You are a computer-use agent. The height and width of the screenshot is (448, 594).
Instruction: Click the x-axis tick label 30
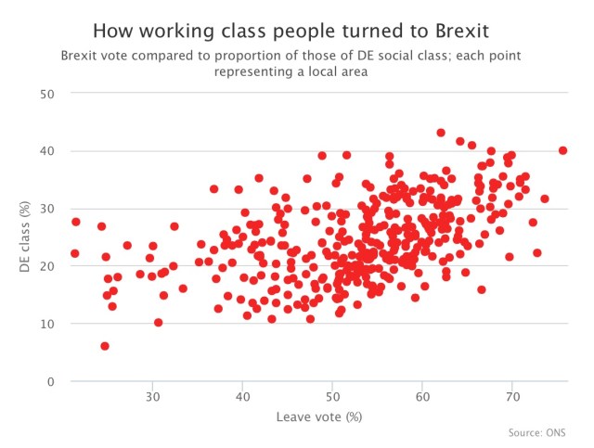pyautogui.click(x=152, y=397)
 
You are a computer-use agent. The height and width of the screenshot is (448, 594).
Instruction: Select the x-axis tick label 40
pyautogui.click(x=242, y=397)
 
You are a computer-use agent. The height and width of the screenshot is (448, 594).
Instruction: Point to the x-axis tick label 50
pyautogui.click(x=332, y=397)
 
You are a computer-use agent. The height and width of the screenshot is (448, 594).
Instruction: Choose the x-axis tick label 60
pyautogui.click(x=422, y=397)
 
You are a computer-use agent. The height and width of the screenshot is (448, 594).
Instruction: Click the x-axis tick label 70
pyautogui.click(x=512, y=397)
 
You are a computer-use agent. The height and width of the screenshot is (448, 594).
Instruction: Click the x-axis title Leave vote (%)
pyautogui.click(x=318, y=416)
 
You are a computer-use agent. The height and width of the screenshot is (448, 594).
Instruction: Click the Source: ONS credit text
pyautogui.click(x=536, y=432)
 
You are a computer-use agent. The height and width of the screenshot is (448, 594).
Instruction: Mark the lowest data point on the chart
pyautogui.click(x=105, y=346)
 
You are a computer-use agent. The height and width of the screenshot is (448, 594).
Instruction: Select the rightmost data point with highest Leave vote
pyautogui.click(x=562, y=150)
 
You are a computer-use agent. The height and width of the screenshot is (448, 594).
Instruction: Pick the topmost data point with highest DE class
pyautogui.click(x=441, y=133)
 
